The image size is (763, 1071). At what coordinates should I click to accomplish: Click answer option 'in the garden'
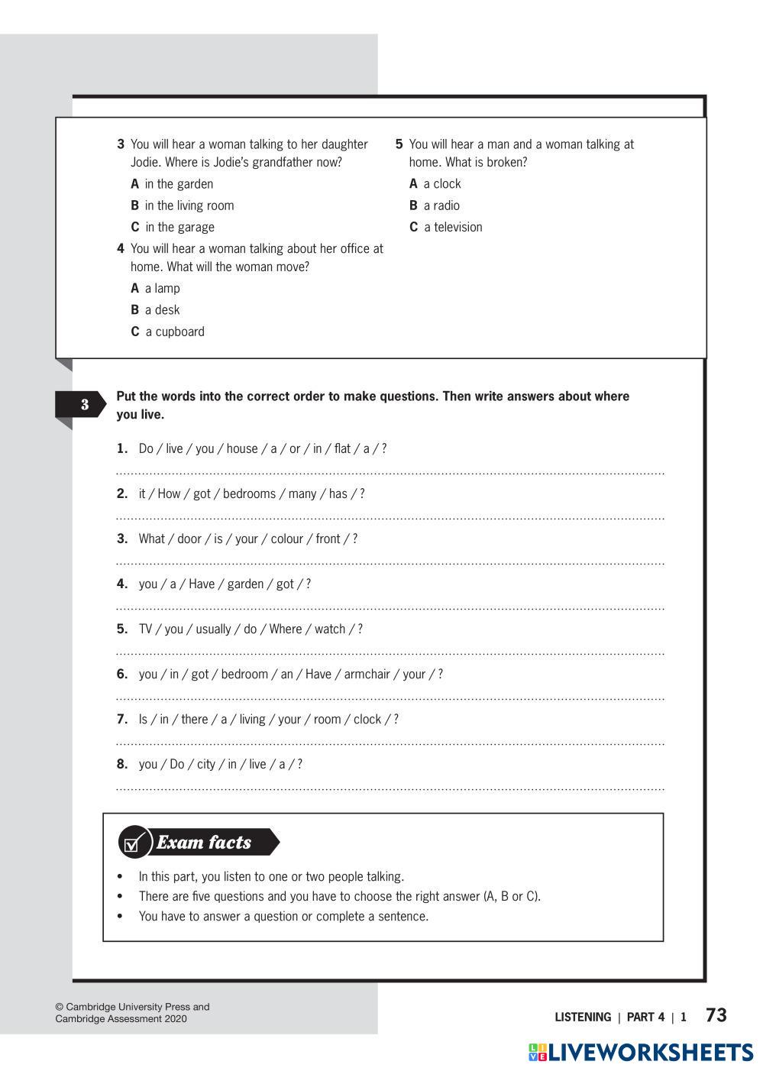coord(179,184)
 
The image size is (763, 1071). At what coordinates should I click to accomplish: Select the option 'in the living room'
coord(189,205)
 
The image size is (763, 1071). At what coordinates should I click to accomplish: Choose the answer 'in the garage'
coord(179,227)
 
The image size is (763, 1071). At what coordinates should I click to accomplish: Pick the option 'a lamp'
coord(162,288)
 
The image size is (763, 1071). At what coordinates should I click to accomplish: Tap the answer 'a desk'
coord(162,310)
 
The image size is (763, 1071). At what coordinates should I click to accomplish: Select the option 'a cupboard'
coord(175,332)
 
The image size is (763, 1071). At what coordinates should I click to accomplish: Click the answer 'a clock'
coord(441,184)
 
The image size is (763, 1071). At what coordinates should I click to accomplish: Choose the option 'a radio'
coord(441,205)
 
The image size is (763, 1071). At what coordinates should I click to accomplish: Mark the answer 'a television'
coord(453,227)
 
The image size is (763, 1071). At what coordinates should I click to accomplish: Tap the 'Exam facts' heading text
coord(204,843)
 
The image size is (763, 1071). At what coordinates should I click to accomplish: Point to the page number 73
coord(716,1015)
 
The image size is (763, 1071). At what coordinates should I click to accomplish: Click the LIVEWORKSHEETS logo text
coord(651,1053)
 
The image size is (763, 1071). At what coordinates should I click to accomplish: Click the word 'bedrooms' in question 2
coord(249,493)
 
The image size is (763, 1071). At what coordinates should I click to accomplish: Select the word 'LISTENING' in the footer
coord(583,1018)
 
